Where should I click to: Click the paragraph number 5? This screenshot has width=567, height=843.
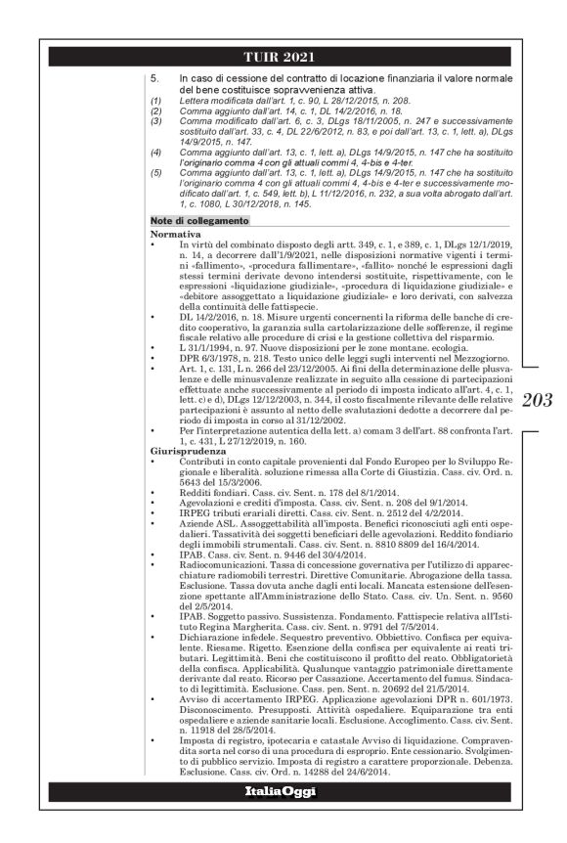coord(154,76)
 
